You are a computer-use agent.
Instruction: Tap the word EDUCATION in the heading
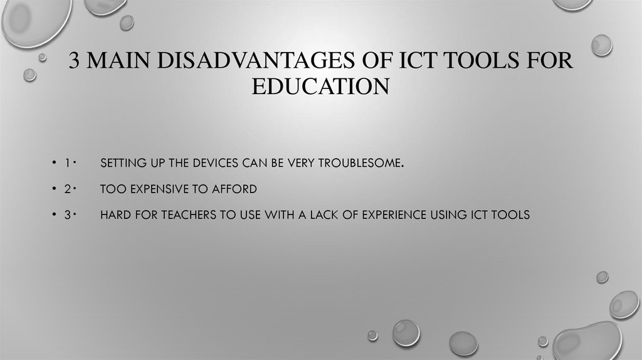pos(320,86)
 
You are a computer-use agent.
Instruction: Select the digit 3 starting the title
pos(75,63)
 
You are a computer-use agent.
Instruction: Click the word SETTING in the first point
pos(120,164)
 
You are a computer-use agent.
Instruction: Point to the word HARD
pos(114,214)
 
